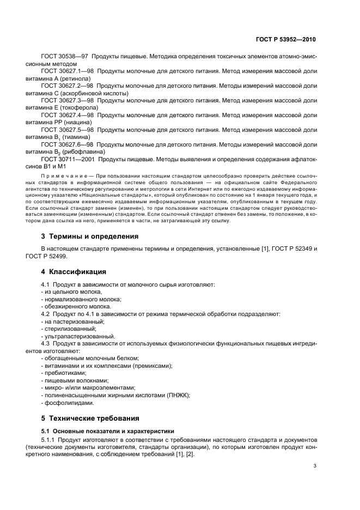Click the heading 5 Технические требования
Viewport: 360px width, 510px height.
pyautogui.click(x=90, y=418)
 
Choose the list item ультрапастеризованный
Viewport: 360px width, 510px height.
pyautogui.click(x=79, y=336)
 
